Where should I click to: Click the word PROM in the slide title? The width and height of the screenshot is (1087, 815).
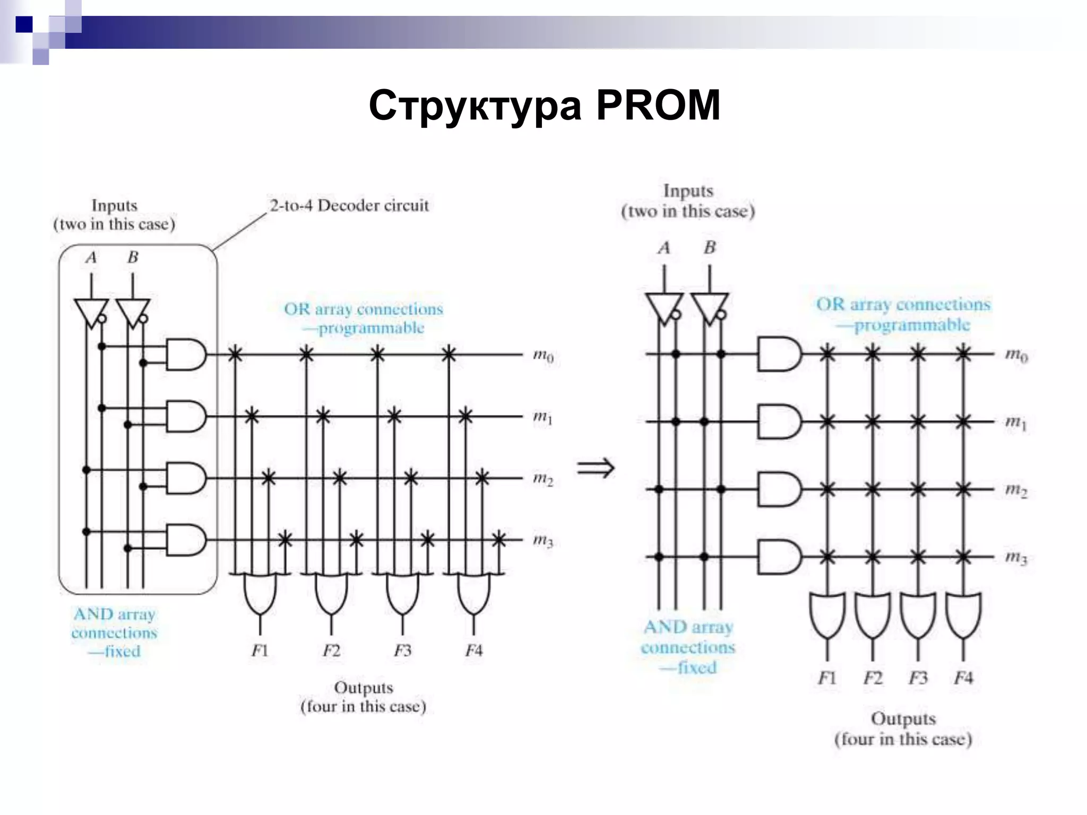[658, 105]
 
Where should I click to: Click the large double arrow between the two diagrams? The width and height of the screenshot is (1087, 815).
[596, 468]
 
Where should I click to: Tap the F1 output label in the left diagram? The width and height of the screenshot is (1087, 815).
[260, 651]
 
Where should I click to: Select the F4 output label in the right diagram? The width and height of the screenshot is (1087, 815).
[963, 678]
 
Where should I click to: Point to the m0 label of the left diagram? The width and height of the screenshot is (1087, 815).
[543, 356]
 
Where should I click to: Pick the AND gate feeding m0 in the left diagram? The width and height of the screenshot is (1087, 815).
[185, 354]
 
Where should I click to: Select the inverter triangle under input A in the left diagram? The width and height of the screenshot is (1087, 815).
[91, 313]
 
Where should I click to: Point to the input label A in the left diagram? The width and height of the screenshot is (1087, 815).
[91, 258]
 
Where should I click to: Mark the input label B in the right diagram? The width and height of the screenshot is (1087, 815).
[710, 248]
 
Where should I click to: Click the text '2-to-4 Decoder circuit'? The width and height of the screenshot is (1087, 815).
[349, 205]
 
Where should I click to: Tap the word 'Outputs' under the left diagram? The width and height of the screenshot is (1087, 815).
[364, 688]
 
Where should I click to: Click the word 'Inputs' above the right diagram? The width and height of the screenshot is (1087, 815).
[688, 191]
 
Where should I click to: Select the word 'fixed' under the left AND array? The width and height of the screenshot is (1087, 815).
[122, 652]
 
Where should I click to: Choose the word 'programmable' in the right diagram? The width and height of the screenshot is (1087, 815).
[911, 325]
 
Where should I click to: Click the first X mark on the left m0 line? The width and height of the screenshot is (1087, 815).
[235, 354]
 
